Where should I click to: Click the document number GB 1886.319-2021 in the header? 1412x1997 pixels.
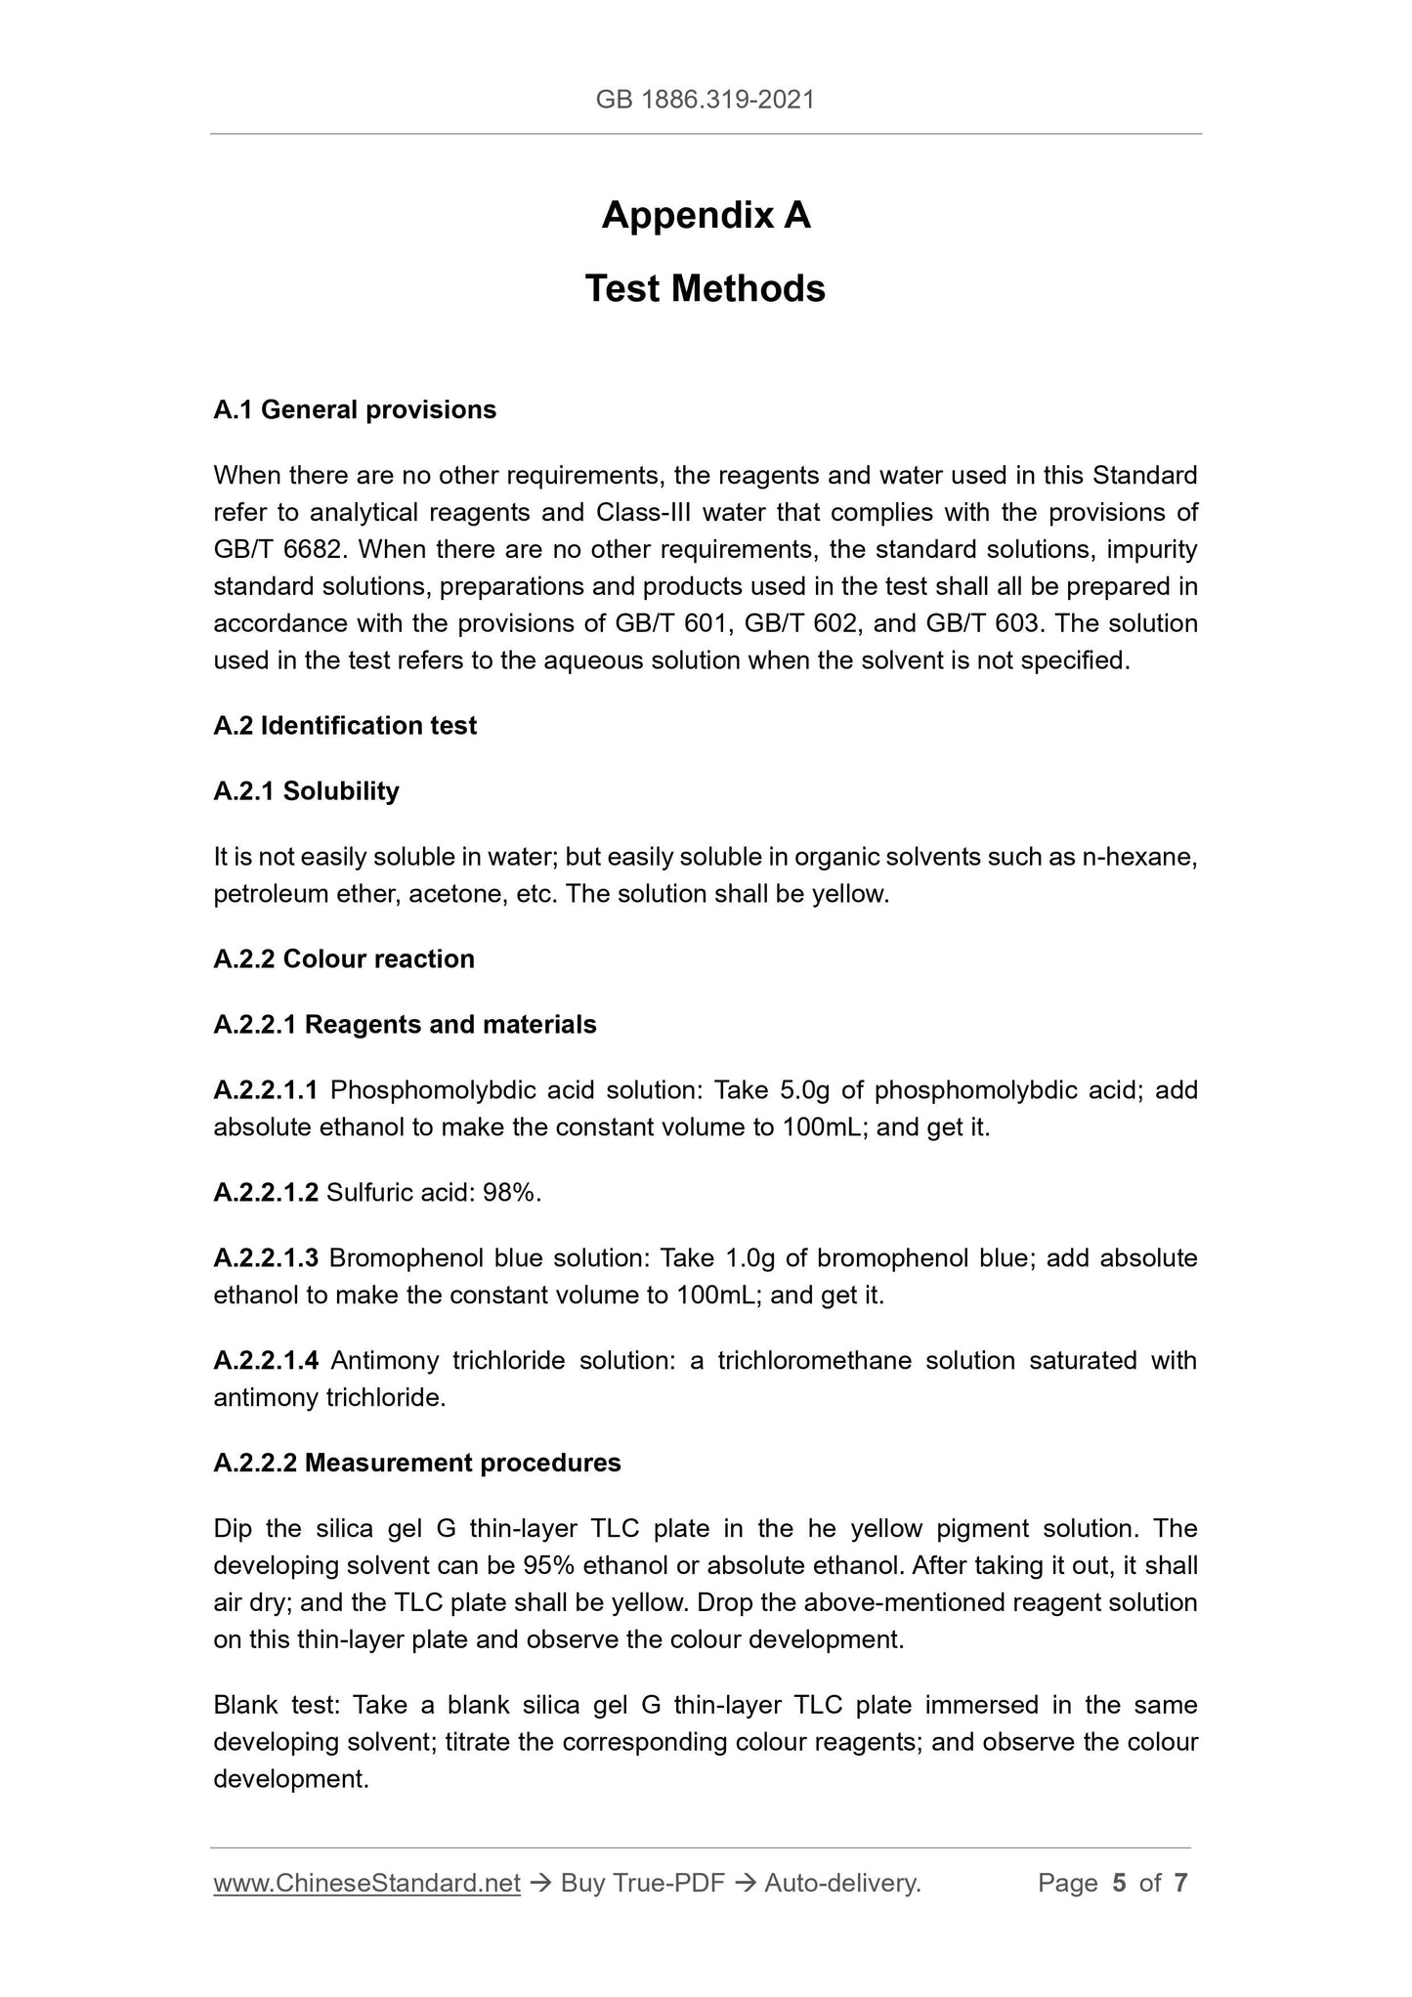tap(705, 99)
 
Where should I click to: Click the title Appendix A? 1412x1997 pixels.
tap(706, 215)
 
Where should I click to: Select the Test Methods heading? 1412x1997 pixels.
tap(705, 289)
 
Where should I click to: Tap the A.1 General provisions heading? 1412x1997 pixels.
tap(354, 409)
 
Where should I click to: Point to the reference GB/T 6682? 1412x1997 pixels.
tap(278, 549)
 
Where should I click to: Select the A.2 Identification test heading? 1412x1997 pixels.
tap(345, 726)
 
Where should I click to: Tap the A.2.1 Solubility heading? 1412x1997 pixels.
tap(306, 791)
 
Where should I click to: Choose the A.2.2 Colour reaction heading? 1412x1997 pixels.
tap(344, 959)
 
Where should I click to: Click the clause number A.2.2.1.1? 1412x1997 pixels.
tap(266, 1090)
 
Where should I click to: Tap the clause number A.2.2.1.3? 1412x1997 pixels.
tap(266, 1258)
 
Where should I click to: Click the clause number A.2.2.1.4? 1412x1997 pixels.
tap(266, 1361)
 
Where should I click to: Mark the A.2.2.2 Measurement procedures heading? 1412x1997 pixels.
tap(417, 1464)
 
